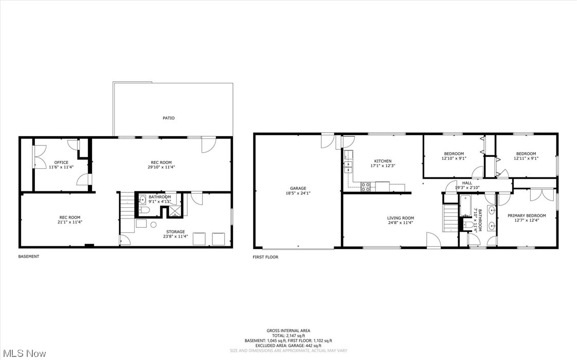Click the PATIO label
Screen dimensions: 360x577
(169, 118)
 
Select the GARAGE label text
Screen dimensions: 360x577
(298, 188)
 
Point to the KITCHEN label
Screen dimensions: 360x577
(383, 161)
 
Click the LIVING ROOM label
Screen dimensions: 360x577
(401, 218)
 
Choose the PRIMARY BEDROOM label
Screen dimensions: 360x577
(527, 215)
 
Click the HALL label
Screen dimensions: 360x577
(466, 183)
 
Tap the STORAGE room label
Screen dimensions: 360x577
(175, 231)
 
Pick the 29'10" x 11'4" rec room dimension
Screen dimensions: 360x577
(161, 167)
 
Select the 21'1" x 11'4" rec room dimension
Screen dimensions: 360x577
(70, 222)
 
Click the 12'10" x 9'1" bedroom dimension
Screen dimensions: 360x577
(454, 158)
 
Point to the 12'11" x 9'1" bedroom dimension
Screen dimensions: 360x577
(526, 158)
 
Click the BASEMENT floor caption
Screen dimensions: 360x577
(29, 256)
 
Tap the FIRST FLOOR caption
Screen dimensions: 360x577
(265, 257)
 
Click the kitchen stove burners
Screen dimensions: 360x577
(366, 187)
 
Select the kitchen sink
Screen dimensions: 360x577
(348, 166)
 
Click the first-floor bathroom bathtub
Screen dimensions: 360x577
(464, 206)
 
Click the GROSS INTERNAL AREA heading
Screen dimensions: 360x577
(288, 331)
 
